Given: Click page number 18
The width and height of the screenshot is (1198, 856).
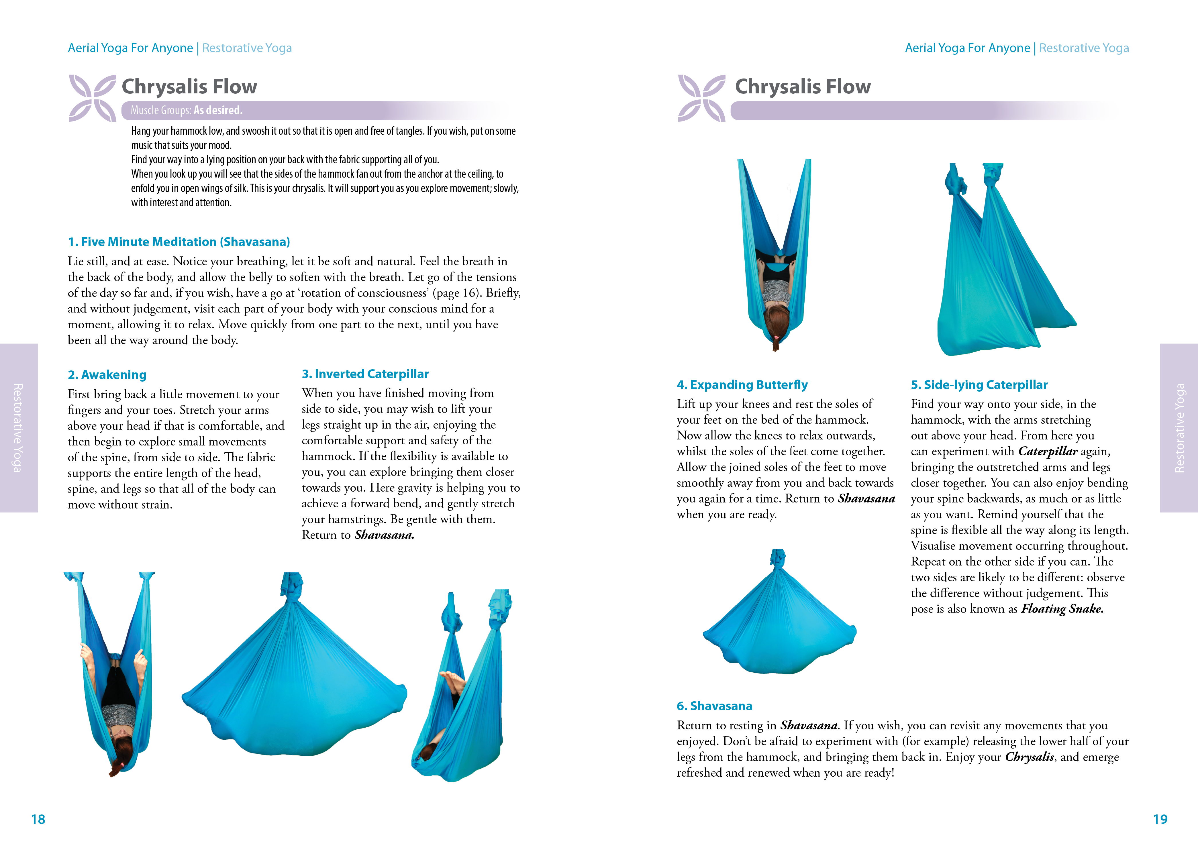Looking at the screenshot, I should [x=38, y=819].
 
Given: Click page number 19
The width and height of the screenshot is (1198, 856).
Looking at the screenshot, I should [x=1160, y=819].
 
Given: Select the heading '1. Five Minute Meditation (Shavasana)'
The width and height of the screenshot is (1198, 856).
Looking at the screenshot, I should [x=179, y=242].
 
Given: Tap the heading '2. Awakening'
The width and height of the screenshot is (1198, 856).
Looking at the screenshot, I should [x=107, y=375].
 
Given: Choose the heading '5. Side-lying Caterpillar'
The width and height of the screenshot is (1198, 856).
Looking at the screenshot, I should [x=979, y=385].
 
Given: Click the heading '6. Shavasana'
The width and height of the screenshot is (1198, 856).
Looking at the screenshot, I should [x=714, y=706].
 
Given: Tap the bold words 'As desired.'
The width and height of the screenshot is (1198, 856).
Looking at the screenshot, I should [x=218, y=110].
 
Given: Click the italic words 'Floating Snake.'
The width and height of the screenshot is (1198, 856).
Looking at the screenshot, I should [x=1062, y=609].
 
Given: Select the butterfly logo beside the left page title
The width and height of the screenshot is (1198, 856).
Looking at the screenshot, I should [x=92, y=98].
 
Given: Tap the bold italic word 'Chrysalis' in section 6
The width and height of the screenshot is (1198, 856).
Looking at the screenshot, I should [x=1029, y=757].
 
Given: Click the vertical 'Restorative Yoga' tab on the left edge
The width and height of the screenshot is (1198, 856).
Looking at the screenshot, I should [x=18, y=427].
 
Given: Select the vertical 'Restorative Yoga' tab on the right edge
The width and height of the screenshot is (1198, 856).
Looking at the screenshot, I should [x=1179, y=427].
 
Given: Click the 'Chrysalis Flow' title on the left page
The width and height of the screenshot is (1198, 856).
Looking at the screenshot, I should [x=189, y=87].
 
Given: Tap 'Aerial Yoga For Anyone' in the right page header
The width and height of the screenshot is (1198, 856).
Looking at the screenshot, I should [x=967, y=48].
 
